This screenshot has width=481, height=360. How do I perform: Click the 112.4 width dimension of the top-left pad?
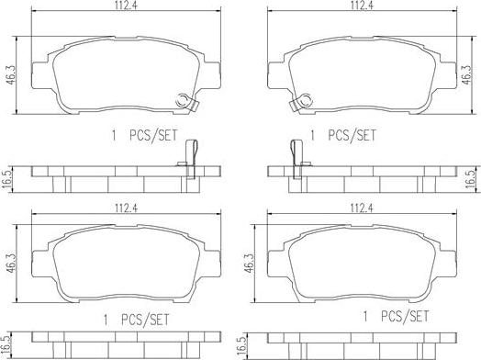[x=127, y=6]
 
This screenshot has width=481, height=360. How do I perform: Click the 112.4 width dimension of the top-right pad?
[x=362, y=6]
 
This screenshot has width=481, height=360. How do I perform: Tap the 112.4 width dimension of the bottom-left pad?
[x=127, y=208]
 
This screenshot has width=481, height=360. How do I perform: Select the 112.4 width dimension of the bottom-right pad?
[x=362, y=208]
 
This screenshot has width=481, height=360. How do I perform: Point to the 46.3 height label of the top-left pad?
[x=12, y=75]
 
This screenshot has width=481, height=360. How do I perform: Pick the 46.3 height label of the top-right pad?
[x=466, y=74]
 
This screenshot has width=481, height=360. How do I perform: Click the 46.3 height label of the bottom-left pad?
[x=12, y=263]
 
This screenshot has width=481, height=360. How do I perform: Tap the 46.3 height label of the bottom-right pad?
[x=249, y=263]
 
